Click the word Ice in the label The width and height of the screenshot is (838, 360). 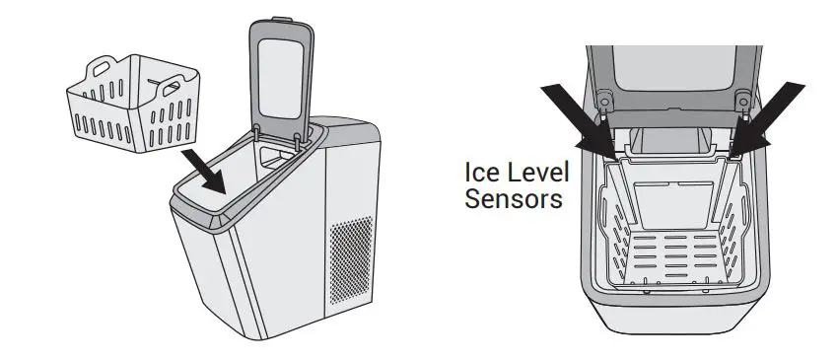[x=481, y=173]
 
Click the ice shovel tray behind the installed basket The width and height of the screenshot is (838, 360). [x=670, y=143]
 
